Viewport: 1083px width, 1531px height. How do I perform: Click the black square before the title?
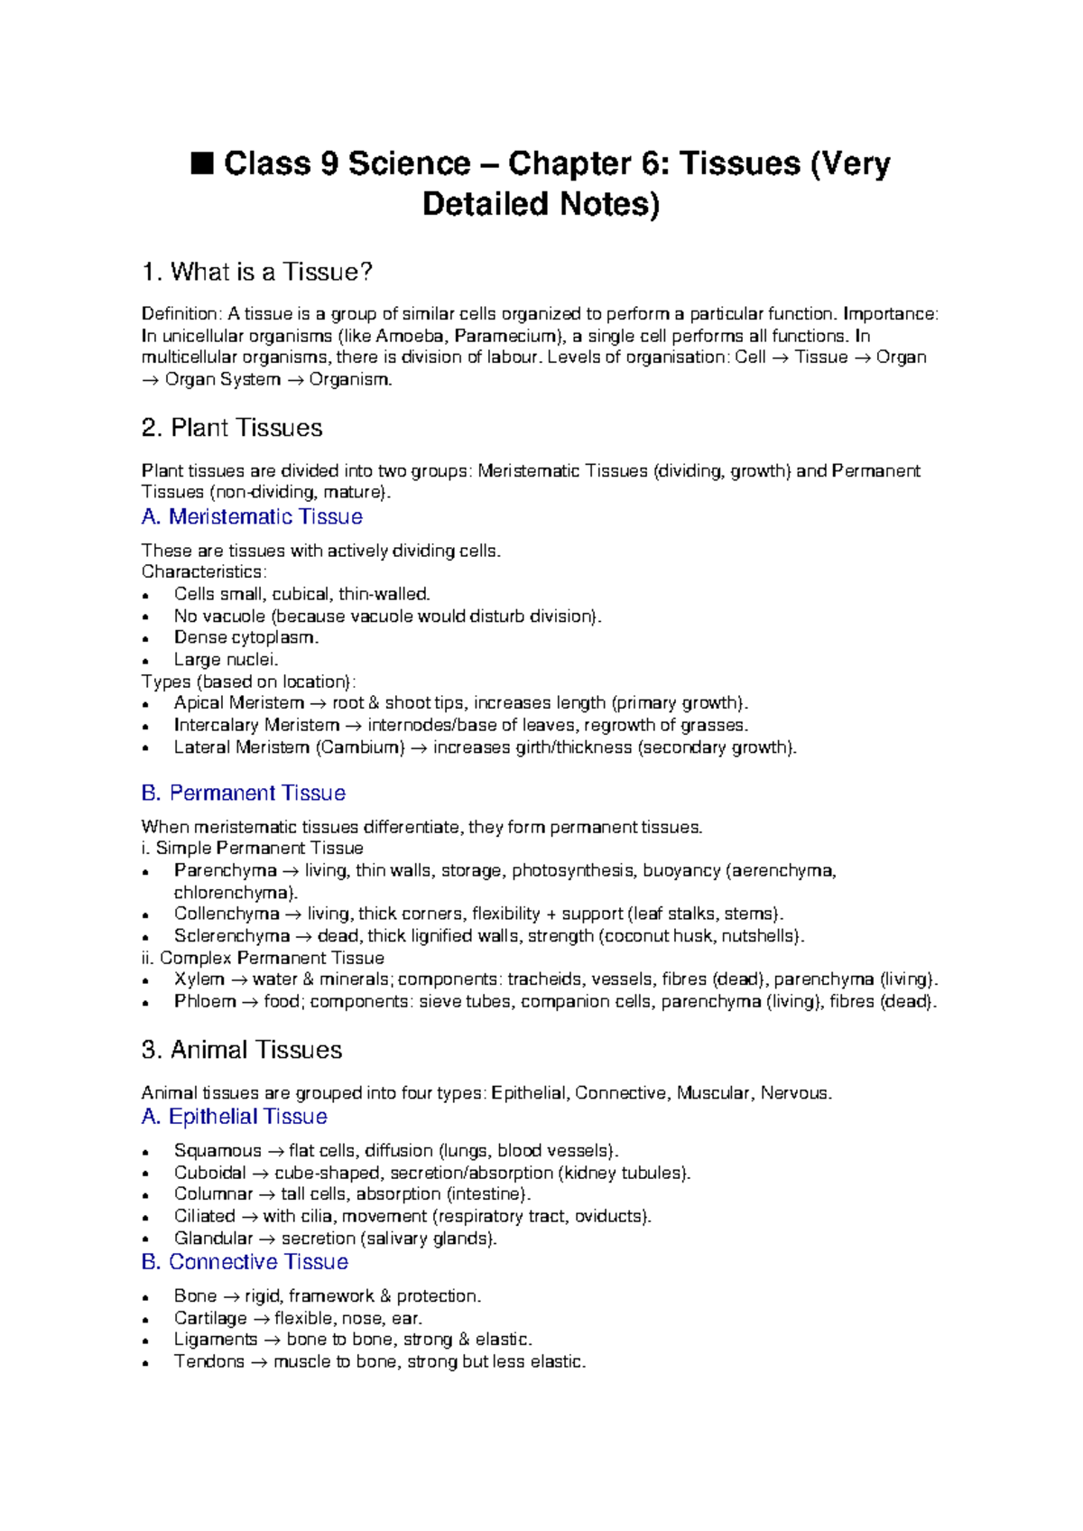[x=202, y=164]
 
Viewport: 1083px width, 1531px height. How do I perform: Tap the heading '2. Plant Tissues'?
[x=232, y=428]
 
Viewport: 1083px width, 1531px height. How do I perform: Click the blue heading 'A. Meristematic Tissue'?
[x=252, y=516]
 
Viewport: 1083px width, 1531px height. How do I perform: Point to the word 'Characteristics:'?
[x=204, y=572]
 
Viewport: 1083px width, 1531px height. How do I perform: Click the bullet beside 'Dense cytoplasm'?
[x=145, y=639]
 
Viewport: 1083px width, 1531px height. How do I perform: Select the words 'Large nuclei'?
[x=225, y=660]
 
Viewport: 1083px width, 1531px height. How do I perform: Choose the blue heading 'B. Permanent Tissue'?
[x=244, y=793]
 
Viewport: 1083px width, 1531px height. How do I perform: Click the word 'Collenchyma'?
[x=227, y=914]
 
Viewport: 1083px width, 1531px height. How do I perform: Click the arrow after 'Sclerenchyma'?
[x=303, y=936]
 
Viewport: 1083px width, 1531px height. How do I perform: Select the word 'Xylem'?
[x=199, y=979]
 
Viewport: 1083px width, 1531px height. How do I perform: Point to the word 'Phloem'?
[x=205, y=1001]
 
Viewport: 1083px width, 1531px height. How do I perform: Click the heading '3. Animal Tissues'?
[x=242, y=1050]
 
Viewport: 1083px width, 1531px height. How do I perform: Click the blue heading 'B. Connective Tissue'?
[x=245, y=1262]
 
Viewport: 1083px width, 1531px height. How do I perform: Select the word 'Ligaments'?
[x=216, y=1340]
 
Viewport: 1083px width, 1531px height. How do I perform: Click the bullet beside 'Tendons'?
[x=145, y=1363]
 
